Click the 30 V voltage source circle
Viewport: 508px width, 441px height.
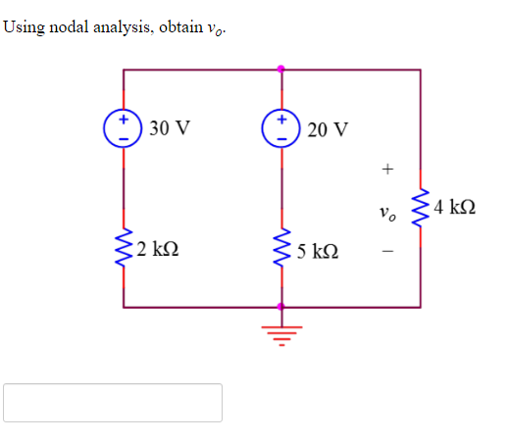point(124,128)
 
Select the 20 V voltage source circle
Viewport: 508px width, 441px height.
point(281,128)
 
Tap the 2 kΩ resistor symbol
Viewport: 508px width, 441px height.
point(124,251)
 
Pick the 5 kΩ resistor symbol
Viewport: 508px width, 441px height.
point(281,251)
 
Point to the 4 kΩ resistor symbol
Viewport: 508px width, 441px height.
point(421,208)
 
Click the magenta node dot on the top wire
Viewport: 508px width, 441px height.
point(281,70)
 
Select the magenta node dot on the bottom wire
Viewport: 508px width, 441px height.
point(281,307)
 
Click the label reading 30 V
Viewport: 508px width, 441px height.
point(172,128)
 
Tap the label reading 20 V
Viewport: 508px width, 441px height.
point(327,129)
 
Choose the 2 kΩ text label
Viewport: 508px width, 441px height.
point(158,252)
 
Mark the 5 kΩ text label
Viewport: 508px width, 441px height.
point(317,252)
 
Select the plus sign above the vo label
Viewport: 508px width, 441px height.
point(387,170)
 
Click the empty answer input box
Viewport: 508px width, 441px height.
point(113,403)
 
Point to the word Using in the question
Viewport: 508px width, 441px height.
point(23,26)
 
